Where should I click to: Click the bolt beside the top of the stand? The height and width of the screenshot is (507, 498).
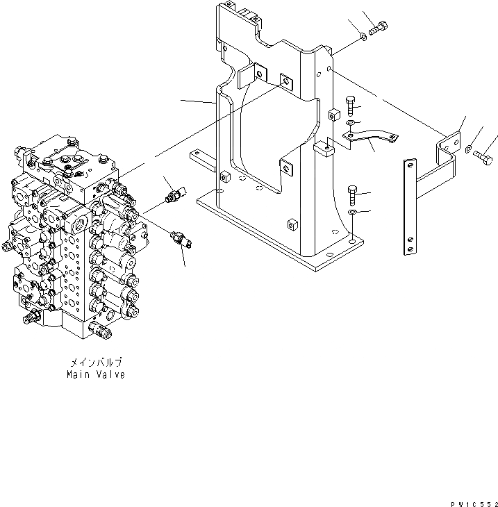click(379, 28)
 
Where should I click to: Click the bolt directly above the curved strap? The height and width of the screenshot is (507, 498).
click(350, 106)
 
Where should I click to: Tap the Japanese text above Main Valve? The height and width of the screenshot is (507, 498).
click(96, 363)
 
